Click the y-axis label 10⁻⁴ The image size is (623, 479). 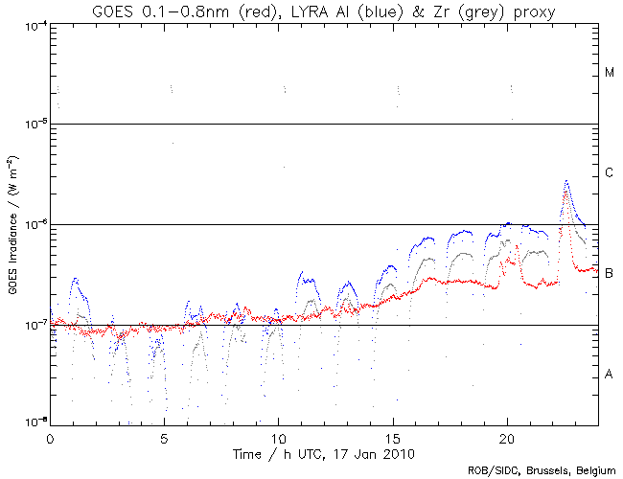[x=31, y=24]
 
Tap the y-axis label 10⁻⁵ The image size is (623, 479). [x=31, y=124]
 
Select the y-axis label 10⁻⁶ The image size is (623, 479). [x=31, y=224]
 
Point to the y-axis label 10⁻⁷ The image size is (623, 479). [x=31, y=325]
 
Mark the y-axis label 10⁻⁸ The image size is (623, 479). [x=31, y=422]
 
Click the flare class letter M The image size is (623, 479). [x=610, y=73]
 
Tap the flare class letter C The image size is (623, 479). [x=610, y=173]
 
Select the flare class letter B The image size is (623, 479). [x=610, y=274]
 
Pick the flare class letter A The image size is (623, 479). [x=610, y=375]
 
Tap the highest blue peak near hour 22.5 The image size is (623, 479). [x=566, y=180]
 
